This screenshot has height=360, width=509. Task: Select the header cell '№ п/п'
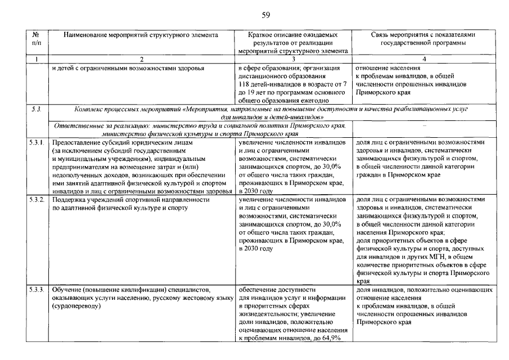point(36,38)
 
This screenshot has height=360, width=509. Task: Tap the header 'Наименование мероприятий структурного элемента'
point(141,34)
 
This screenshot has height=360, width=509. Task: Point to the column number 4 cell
point(424,59)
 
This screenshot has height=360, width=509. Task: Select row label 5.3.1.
point(37,143)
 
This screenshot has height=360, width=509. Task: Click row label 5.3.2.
point(37,200)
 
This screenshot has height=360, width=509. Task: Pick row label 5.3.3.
point(37,289)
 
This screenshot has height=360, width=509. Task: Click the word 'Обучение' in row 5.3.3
point(67,289)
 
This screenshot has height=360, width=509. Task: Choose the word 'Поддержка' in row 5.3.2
point(69,200)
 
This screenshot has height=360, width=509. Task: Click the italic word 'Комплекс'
point(89,107)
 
